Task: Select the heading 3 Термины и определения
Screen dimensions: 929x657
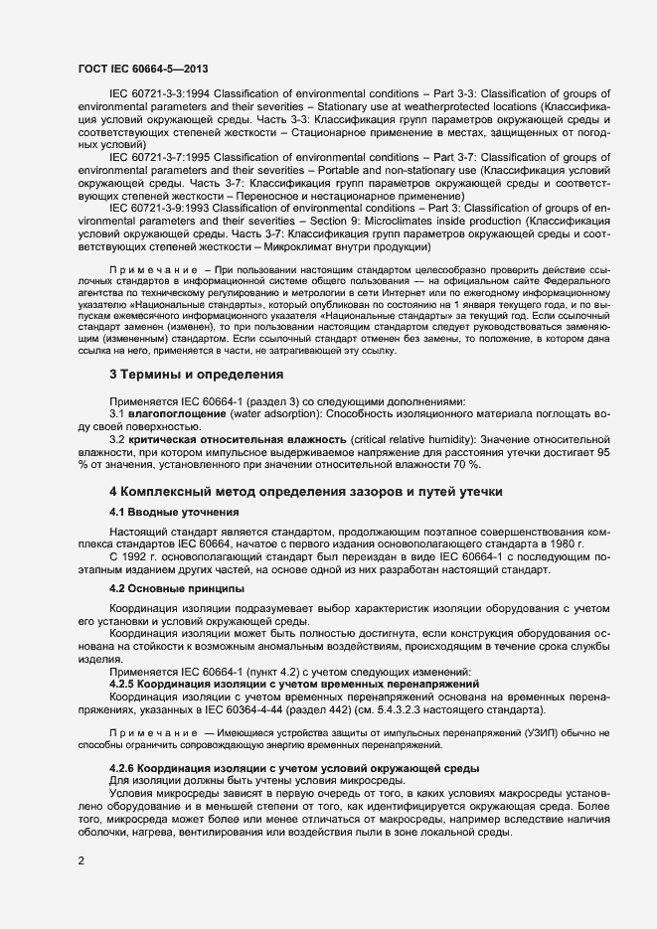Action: click(x=197, y=374)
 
